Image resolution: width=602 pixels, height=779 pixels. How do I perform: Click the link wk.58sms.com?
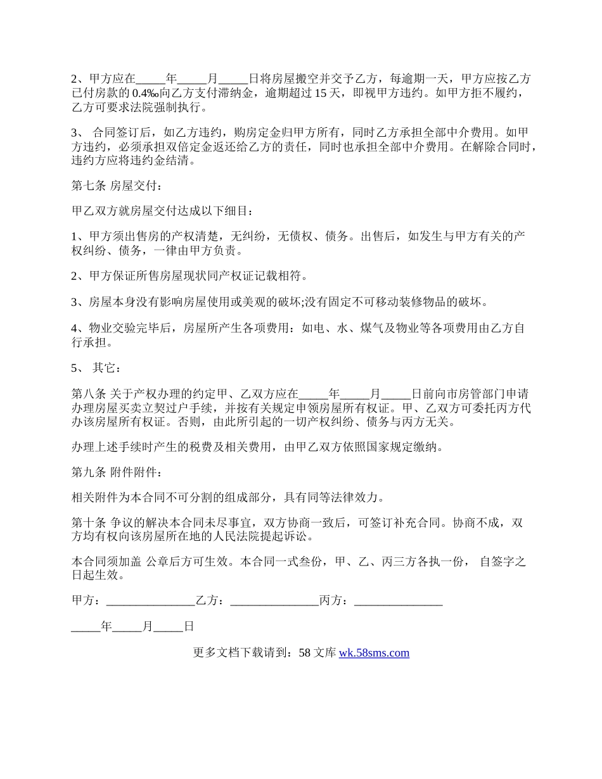[x=374, y=653]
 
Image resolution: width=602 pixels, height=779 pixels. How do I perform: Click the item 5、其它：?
[x=95, y=367]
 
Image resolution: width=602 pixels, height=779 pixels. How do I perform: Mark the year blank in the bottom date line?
[x=86, y=626]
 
